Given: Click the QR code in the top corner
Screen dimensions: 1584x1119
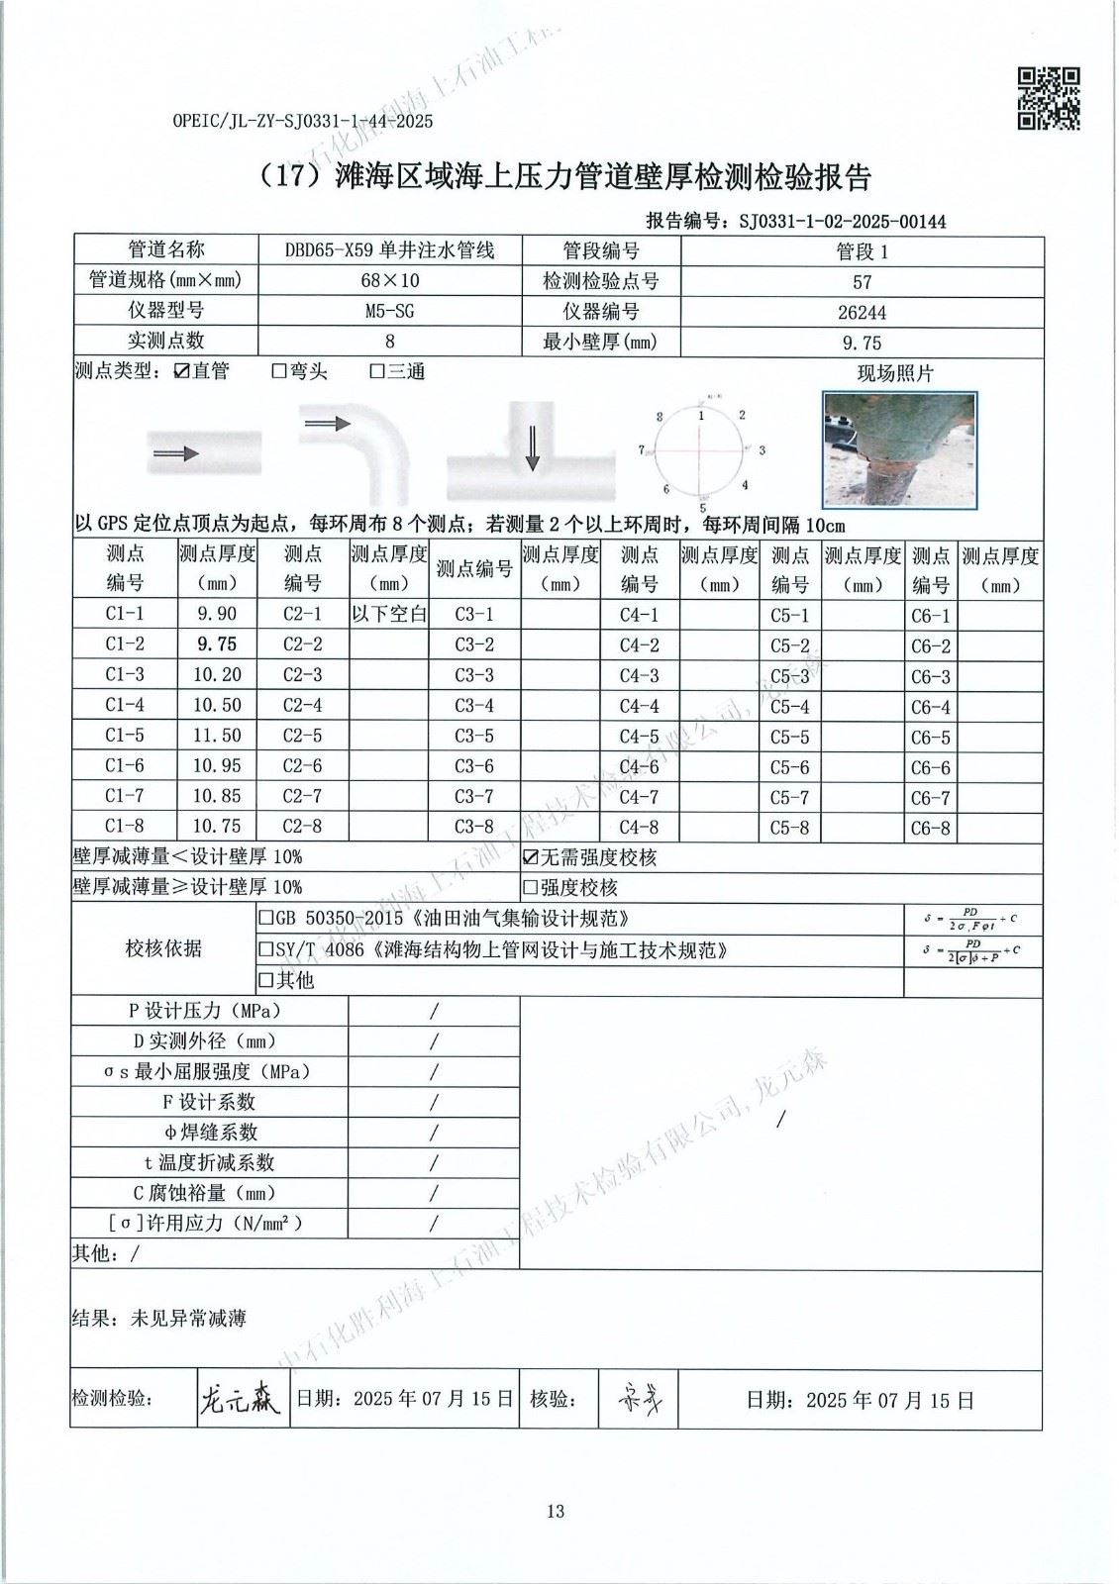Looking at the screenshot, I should pos(1049,98).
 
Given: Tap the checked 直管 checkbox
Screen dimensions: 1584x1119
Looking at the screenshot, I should pos(180,371).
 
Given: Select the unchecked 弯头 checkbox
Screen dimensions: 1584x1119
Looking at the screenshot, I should pos(279,372).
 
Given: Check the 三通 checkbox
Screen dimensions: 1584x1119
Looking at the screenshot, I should pos(376,372).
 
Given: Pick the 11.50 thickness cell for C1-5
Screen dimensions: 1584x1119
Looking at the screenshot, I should pos(217,736).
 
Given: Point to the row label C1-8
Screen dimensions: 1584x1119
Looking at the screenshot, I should pos(125,827).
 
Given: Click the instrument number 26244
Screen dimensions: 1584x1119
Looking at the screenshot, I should pos(862,312).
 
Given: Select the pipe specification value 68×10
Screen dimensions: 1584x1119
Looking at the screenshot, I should pos(389,281).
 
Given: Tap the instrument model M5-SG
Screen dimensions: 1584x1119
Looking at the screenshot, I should pos(389,312).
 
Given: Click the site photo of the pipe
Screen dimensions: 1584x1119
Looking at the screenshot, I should pos(899,448).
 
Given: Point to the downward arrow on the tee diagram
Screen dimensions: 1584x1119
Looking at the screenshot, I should pos(532,449).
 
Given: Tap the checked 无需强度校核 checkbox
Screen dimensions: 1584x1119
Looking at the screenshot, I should pos(530,857).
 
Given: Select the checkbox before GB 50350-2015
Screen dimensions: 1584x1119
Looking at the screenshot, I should pos(264,919).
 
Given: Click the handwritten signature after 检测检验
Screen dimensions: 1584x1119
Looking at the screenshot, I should pos(240,1399).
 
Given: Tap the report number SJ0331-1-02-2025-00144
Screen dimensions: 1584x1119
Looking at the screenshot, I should pos(842,222).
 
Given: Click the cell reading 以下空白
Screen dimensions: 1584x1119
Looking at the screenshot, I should pos(389,614).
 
